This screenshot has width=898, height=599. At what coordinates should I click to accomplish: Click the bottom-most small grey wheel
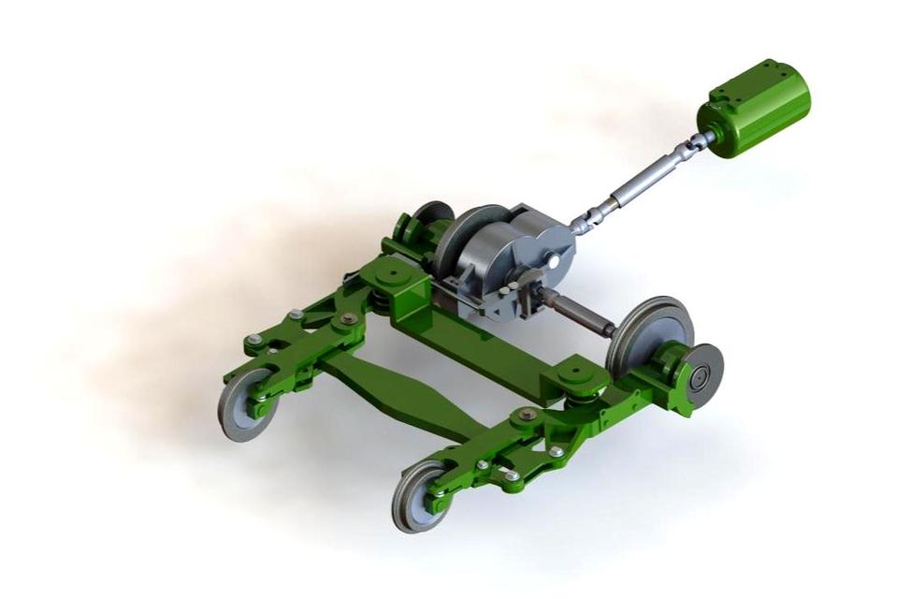click(422, 496)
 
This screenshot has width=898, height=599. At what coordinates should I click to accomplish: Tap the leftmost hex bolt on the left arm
click(253, 340)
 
